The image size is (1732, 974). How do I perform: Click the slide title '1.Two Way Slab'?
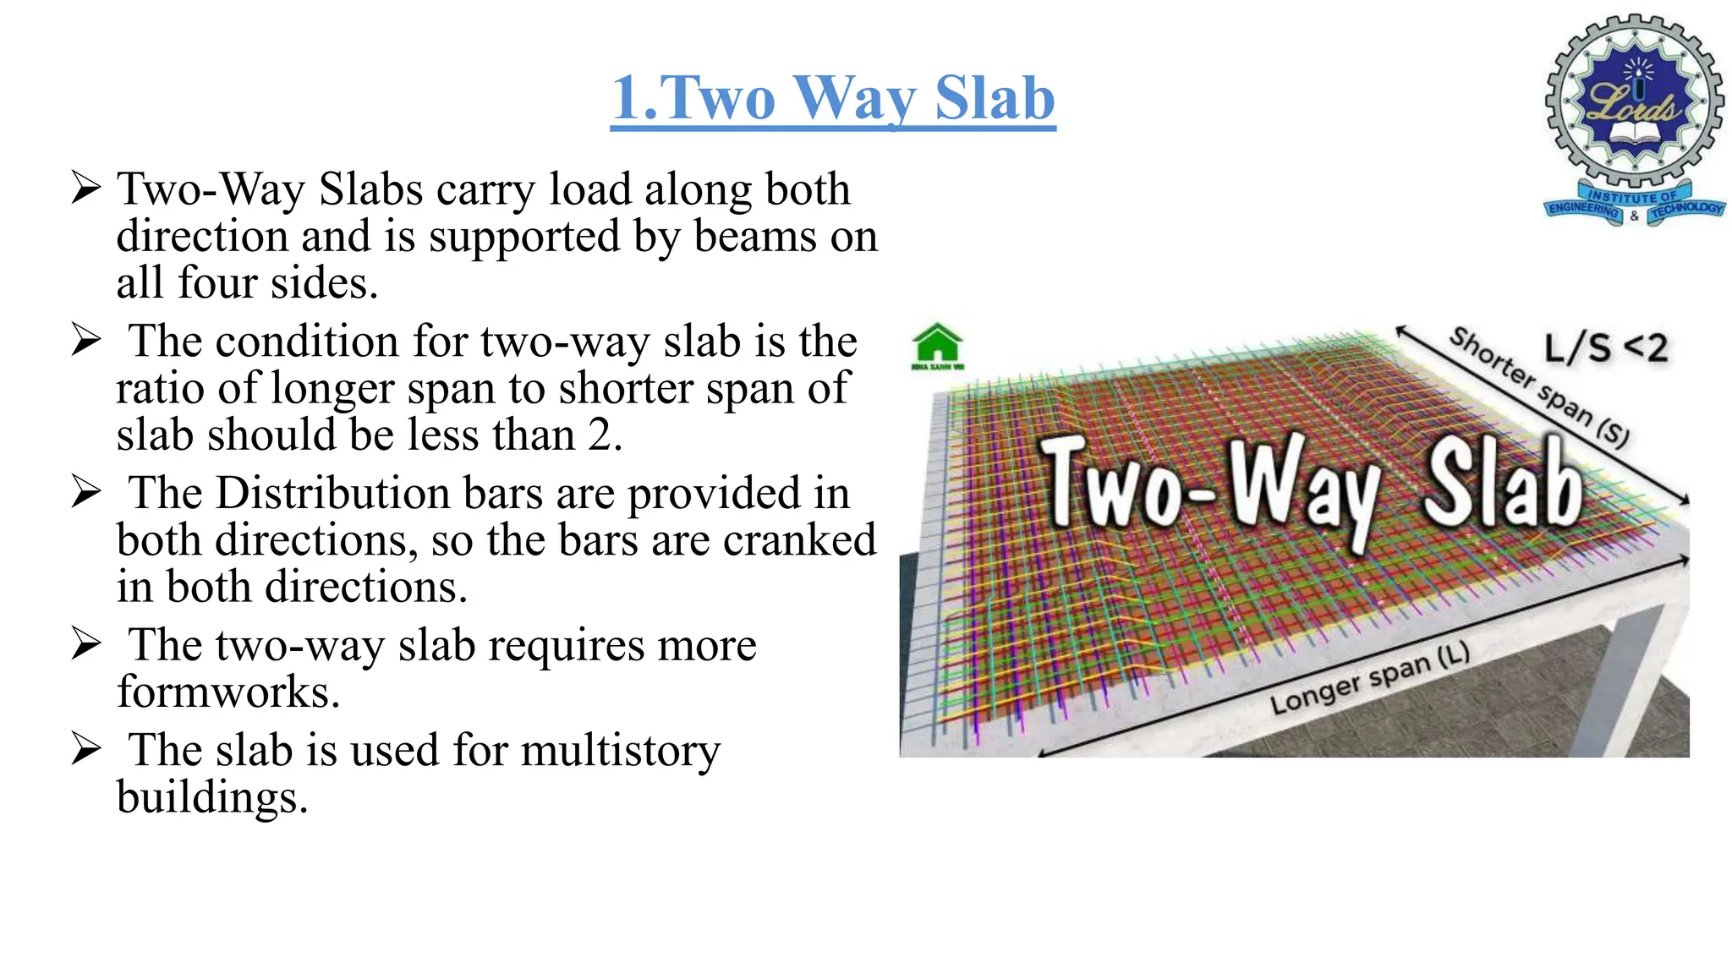click(x=833, y=98)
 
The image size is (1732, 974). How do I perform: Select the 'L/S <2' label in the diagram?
click(x=1605, y=347)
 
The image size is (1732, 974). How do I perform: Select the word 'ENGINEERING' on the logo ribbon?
click(x=1583, y=210)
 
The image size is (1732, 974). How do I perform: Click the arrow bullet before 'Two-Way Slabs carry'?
click(x=86, y=188)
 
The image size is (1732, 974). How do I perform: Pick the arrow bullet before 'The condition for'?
click(x=86, y=341)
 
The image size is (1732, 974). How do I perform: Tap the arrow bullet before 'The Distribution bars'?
click(x=86, y=492)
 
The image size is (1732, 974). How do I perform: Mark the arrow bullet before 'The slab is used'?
click(x=86, y=749)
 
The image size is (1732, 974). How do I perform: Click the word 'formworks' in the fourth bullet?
click(x=227, y=692)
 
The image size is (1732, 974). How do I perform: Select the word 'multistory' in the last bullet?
click(x=620, y=751)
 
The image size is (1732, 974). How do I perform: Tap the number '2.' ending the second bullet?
click(x=605, y=435)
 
